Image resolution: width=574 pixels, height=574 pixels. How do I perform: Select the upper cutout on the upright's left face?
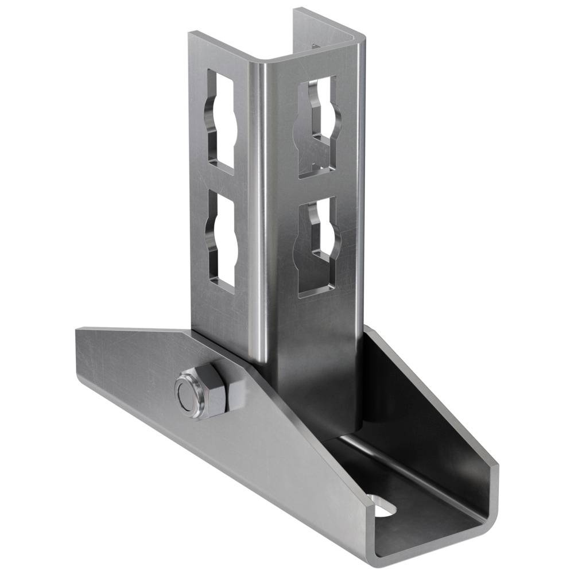(221, 121)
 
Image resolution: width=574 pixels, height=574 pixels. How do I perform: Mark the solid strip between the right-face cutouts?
(317, 187)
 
